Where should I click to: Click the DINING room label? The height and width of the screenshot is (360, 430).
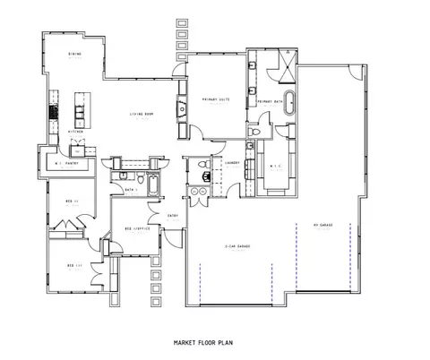pos(74,54)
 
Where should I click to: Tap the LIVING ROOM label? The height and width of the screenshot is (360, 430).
pos(139,114)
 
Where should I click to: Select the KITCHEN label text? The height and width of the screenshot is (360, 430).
pos(77,132)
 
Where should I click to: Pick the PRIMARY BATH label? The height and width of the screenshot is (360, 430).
pos(270,102)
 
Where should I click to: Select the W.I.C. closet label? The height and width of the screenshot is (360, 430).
pos(275,166)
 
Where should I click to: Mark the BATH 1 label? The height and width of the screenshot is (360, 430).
pos(131,189)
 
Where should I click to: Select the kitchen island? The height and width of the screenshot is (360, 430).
pos(81,110)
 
